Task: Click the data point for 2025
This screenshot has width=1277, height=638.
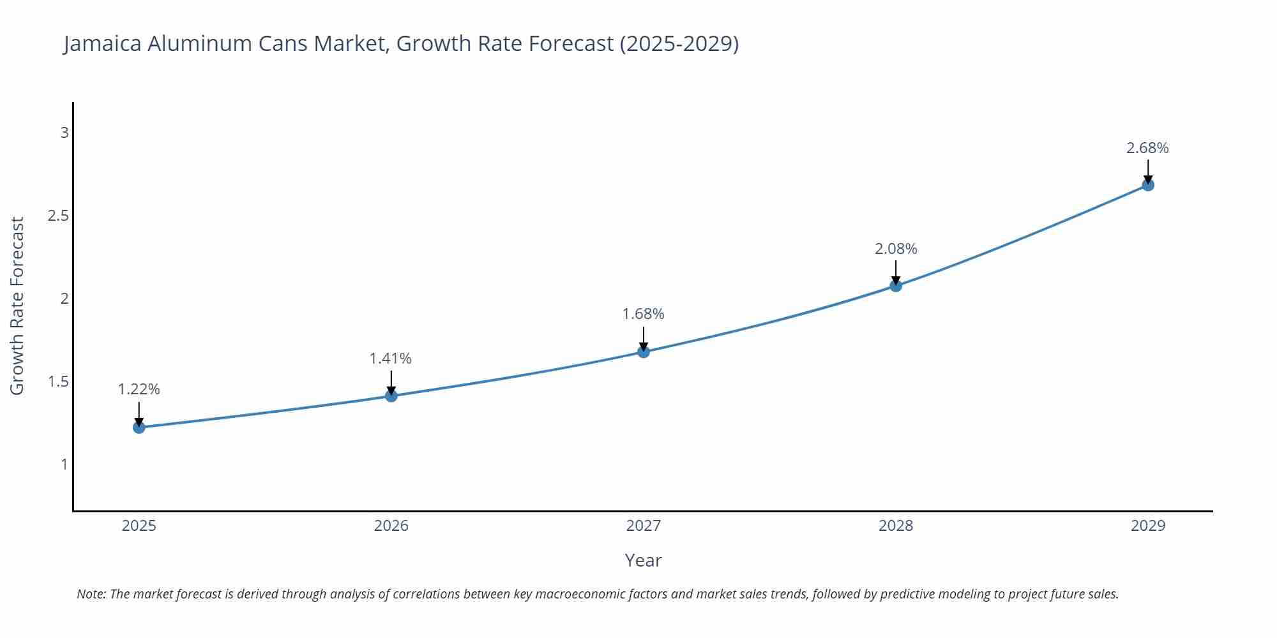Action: [139, 427]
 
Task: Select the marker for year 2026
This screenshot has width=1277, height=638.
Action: [391, 396]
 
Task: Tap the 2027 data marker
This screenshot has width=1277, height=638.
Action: [644, 352]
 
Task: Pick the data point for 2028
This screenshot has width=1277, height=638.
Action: [896, 285]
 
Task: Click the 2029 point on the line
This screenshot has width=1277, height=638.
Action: [1148, 185]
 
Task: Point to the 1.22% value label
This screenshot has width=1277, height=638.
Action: [139, 389]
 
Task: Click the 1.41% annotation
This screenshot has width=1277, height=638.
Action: [391, 359]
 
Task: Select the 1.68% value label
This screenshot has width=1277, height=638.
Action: [644, 314]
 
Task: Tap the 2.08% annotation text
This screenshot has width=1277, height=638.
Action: [896, 249]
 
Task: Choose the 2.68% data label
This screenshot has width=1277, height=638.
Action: [1147, 148]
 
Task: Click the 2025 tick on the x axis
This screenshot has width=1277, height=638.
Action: [139, 526]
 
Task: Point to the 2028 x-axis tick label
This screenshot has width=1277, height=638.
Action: [896, 526]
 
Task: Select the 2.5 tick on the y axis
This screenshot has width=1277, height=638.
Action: [58, 216]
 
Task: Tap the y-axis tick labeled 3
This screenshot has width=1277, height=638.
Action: [64, 133]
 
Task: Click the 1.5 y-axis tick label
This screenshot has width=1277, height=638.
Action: [58, 382]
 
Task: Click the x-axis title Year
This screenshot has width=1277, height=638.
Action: [643, 560]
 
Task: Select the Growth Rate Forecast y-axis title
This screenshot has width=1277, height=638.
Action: [17, 306]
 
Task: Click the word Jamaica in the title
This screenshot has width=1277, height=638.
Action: [102, 43]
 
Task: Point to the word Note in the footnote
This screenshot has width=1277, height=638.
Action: [91, 594]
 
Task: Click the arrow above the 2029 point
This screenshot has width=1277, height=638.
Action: [1148, 171]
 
